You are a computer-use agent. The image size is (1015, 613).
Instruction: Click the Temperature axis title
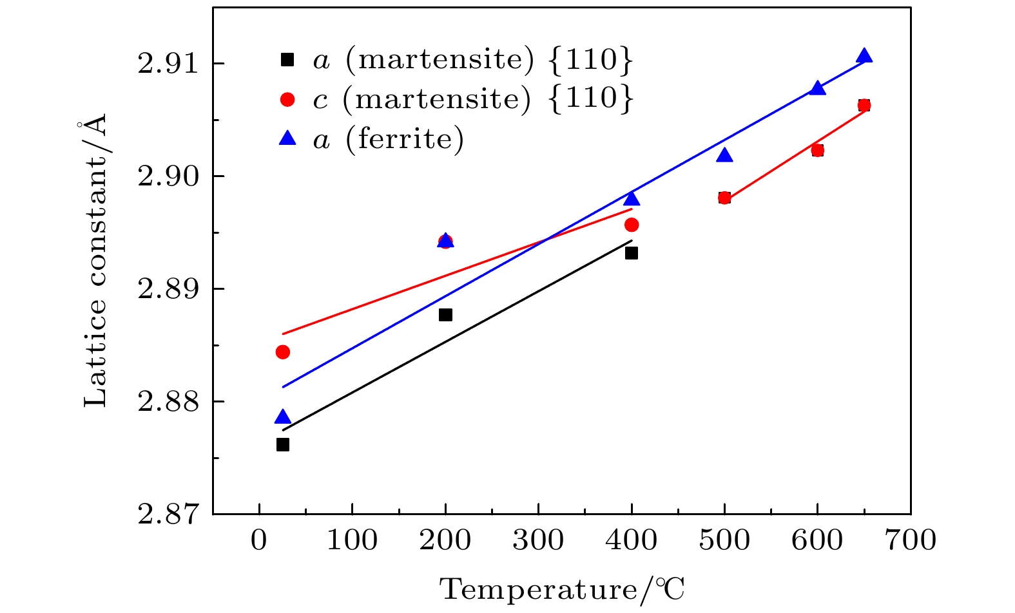562,589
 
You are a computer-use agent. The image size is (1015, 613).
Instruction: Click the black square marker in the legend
287,60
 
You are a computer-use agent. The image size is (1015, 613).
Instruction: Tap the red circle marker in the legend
287,99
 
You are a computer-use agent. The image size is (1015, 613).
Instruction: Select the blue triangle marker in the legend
287,138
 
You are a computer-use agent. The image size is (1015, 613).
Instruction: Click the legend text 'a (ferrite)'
389,138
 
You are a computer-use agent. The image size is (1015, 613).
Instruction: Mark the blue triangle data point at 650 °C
864,56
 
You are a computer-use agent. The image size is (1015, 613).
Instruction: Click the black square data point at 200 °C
445,315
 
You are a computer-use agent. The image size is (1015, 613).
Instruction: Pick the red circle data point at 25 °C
282,352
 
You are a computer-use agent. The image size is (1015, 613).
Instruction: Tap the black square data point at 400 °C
632,253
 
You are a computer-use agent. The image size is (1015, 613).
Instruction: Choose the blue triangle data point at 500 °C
724,155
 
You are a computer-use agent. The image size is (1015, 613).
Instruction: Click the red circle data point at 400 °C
632,225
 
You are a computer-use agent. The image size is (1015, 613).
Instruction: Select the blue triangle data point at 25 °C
282,417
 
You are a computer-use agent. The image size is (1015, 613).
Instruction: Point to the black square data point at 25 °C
282,445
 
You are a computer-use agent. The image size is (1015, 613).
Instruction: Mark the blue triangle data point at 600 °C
817,88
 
